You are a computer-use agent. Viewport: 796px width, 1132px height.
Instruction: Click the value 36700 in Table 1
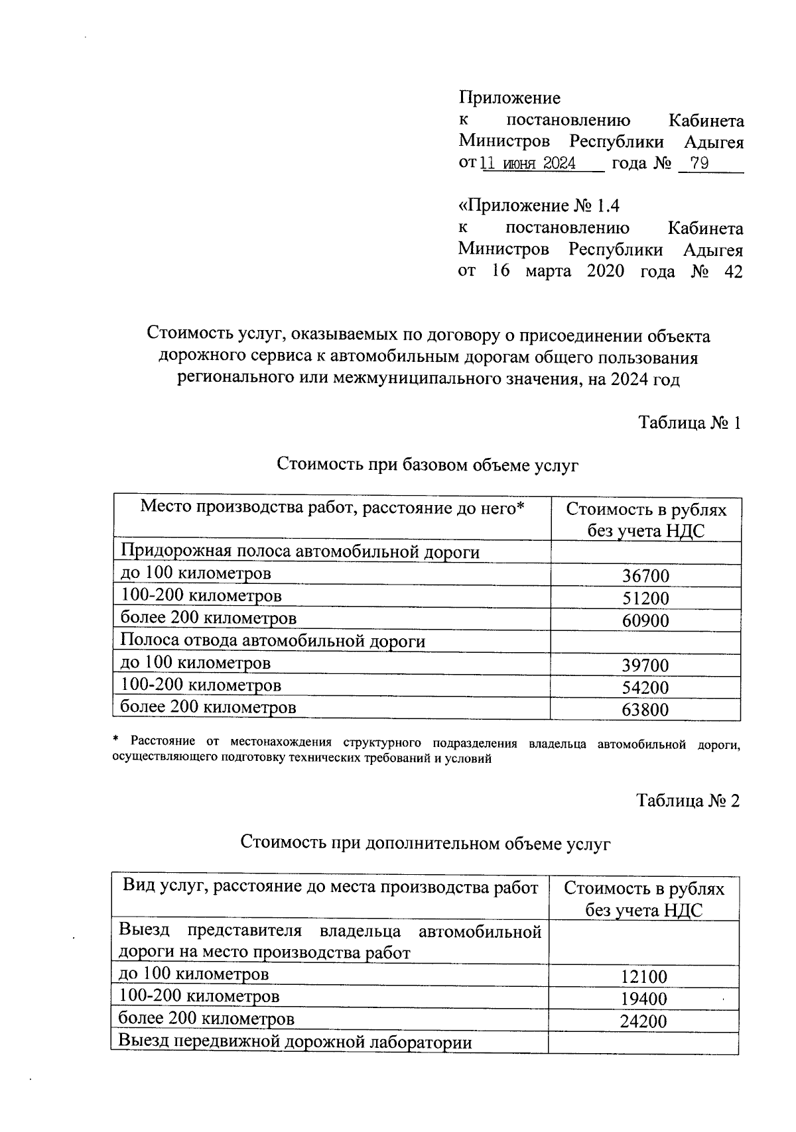(x=645, y=576)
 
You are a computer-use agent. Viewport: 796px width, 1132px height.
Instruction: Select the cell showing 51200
(x=645, y=598)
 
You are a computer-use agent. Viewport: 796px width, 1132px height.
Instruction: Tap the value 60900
(x=645, y=621)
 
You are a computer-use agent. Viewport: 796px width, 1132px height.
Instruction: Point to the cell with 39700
(x=645, y=665)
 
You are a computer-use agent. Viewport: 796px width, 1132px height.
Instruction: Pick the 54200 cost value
(x=645, y=688)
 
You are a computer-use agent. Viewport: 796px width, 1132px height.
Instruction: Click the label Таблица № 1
(x=689, y=423)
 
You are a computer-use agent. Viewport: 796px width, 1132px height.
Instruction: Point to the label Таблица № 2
(x=688, y=801)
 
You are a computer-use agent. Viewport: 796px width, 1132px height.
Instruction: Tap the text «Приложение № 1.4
(x=539, y=206)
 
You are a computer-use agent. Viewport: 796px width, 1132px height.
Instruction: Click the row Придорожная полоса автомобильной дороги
(x=299, y=551)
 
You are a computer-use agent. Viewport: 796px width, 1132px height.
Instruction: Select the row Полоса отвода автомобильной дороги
(x=272, y=641)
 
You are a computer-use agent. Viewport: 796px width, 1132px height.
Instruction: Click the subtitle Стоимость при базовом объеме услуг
(x=427, y=465)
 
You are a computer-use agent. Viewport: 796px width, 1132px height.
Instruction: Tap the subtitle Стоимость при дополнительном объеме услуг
(x=425, y=843)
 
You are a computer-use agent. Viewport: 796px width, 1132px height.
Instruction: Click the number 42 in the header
(x=733, y=272)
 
